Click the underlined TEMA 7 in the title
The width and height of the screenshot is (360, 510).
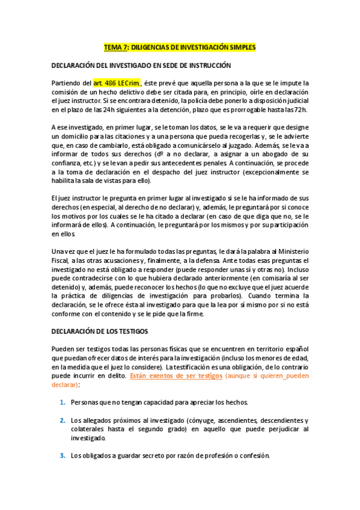(116, 46)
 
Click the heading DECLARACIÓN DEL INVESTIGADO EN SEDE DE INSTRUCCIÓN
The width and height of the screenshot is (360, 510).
(141, 64)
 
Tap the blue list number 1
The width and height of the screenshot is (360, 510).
(63, 402)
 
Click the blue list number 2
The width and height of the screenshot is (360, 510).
(63, 420)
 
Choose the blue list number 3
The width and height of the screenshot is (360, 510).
(63, 455)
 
